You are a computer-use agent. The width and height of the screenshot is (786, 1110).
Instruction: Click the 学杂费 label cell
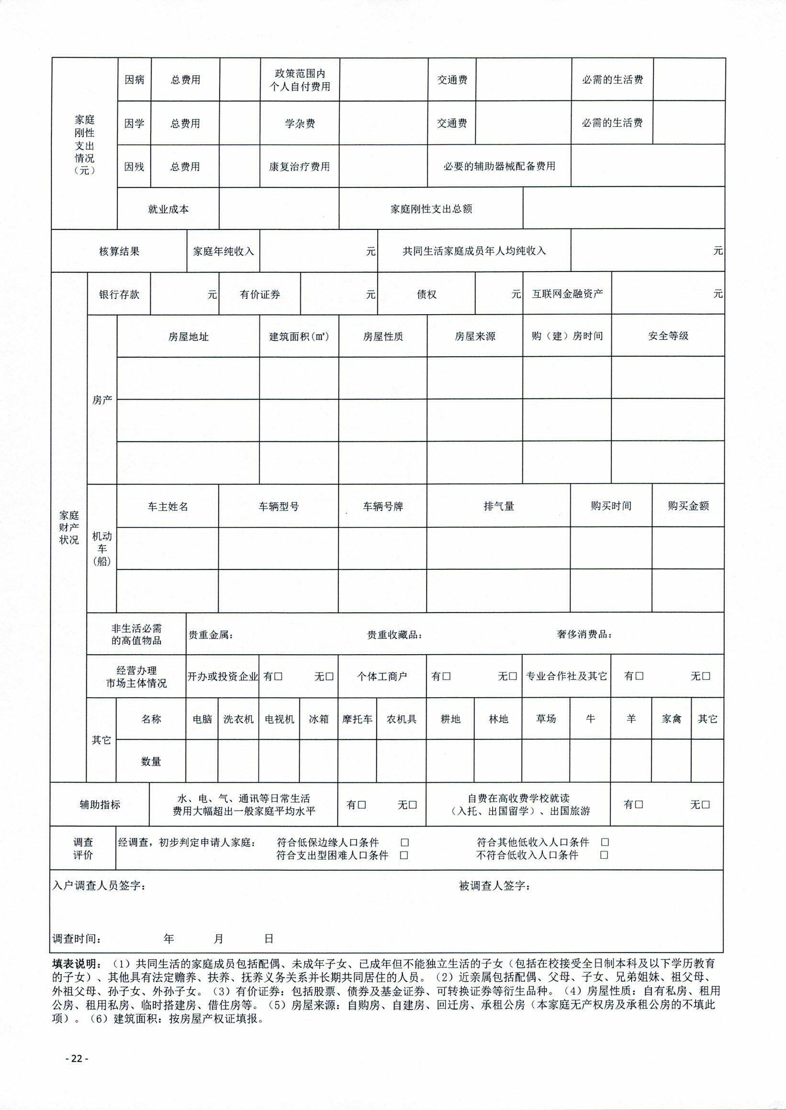tap(300, 124)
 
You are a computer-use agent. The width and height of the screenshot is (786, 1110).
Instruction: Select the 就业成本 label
tap(168, 209)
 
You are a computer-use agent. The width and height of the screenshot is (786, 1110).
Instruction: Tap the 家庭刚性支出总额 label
tap(431, 209)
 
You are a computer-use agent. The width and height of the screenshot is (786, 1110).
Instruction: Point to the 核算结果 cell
tap(119, 251)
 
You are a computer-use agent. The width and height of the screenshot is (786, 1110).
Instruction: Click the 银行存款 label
tap(119, 294)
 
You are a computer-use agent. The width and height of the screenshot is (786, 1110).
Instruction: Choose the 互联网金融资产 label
tap(567, 294)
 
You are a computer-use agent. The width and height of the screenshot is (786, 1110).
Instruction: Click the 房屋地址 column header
tap(188, 337)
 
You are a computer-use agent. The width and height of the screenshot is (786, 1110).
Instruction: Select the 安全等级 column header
tap(668, 336)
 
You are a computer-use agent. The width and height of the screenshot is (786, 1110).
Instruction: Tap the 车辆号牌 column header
tap(383, 506)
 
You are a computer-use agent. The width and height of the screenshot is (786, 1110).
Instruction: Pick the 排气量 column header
tap(498, 506)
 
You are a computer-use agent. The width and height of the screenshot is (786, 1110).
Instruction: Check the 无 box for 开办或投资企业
tap(330, 676)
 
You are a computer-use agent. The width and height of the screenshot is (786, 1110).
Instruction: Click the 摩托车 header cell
tap(357, 719)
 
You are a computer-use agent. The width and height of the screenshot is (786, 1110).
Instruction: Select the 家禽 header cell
tap(671, 719)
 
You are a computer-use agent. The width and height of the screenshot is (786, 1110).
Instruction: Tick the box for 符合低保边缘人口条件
tap(404, 843)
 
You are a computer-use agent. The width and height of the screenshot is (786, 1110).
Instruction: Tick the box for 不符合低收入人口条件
tap(604, 855)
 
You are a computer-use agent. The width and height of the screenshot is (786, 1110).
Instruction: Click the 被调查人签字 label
tap(494, 886)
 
